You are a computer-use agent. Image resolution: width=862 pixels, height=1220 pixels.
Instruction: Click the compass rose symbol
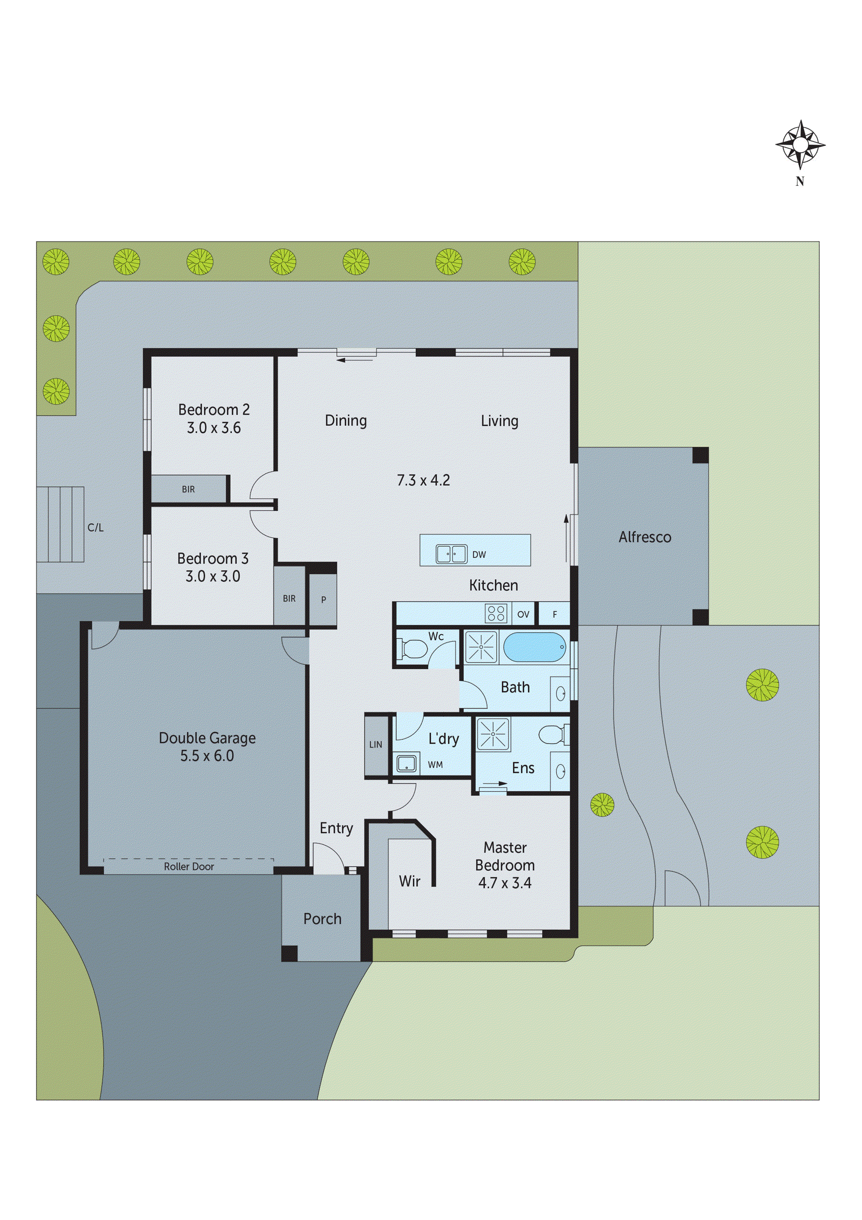point(800,145)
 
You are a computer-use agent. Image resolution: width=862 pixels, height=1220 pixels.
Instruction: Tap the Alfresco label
point(644,537)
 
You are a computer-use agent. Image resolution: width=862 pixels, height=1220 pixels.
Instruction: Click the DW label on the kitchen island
point(478,555)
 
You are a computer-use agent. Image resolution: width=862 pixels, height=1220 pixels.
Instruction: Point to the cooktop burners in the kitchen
point(496,613)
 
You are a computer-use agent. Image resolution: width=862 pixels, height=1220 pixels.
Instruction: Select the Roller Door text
point(189,867)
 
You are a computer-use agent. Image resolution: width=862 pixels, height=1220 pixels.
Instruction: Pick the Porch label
point(322,919)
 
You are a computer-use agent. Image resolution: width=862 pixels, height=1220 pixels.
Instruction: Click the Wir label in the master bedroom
point(409,881)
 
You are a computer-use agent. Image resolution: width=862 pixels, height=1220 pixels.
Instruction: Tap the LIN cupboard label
point(375,745)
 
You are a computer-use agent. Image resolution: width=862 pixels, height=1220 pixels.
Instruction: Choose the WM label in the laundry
point(435,765)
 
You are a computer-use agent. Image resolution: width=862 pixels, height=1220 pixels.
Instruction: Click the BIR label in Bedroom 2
point(188,489)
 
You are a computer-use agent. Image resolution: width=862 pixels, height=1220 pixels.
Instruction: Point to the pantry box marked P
point(323,599)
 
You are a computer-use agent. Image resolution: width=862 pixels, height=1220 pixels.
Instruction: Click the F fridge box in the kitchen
point(555,614)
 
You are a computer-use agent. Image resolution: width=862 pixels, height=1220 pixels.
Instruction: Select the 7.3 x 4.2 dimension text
point(423,480)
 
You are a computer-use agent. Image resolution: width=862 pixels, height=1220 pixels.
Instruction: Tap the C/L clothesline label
point(96,528)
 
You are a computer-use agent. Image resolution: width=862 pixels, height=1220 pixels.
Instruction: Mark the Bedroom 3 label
point(213,558)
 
